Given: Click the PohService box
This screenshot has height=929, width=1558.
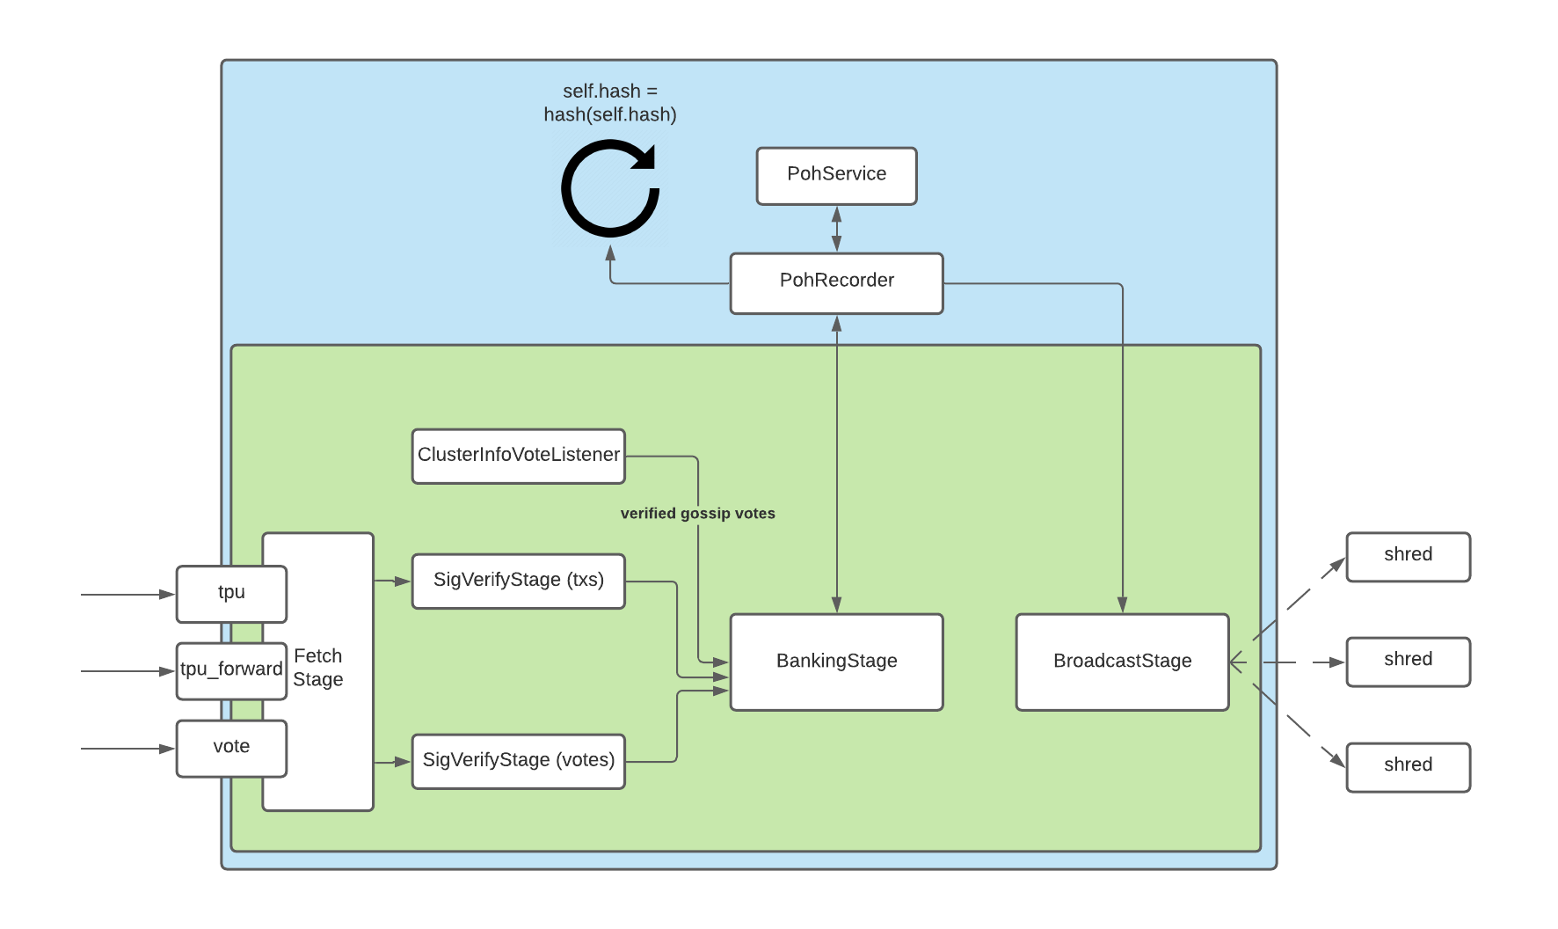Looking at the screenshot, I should coord(836,176).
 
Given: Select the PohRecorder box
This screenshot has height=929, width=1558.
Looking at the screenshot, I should coord(836,283).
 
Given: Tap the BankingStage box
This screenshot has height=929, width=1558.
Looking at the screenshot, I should coord(836,662).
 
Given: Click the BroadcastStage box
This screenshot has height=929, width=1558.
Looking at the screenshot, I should coord(1122,662).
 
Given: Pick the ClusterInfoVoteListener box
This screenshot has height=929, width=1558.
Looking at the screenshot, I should coord(518,456).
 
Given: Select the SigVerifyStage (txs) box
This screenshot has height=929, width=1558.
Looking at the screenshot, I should coord(518,581).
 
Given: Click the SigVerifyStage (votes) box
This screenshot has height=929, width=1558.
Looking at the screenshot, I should coord(518,761).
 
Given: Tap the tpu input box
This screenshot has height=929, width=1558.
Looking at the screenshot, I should coord(231,594).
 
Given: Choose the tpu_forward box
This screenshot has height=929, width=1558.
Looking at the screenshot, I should coord(231,670).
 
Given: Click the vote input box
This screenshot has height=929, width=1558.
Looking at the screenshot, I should coord(231,748).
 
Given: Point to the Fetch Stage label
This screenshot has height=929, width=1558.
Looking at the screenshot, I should coord(318,668).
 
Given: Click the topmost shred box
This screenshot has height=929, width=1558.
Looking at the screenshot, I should coord(1408,556).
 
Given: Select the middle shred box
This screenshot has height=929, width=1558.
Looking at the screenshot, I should coord(1408,662).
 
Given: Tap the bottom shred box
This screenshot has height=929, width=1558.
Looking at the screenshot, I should coord(1408,767).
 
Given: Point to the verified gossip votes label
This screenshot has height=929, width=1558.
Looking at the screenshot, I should coord(697,514).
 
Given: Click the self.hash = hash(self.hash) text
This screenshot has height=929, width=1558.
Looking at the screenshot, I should coord(609,103).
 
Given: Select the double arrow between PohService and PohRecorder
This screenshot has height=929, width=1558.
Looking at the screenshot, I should coord(836,229).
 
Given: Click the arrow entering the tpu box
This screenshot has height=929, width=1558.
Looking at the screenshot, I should coord(128,595).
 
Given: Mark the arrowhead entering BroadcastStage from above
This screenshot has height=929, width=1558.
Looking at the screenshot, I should coord(1122,605).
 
